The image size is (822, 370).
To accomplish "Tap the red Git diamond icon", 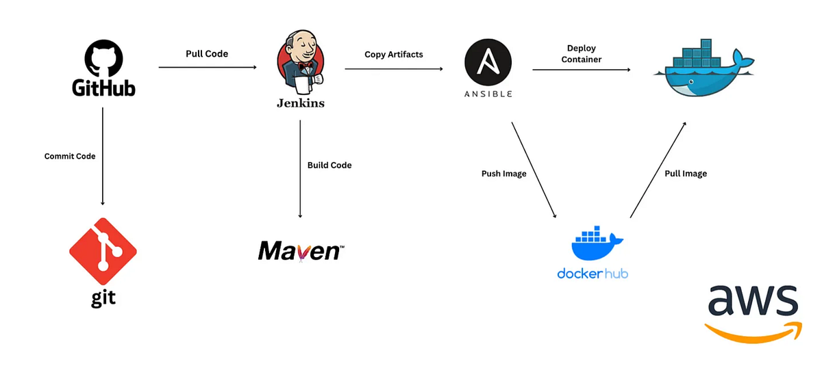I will pos(103,252).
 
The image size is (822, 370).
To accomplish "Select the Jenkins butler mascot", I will pos(300,62).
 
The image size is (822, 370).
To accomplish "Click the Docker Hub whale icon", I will pos(593,243).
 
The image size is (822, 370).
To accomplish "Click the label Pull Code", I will pos(207,53).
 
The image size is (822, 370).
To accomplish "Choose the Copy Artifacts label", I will pos(393,54).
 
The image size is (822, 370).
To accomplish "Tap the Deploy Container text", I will pos(581,53).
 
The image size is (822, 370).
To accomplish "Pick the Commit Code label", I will pos(70,156).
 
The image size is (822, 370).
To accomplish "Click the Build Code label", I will pos(329,165).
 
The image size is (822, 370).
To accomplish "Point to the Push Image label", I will pos(504,174).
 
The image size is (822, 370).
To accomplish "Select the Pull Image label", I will pos(685,174).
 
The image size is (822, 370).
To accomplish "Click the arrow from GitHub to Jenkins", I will pos(207,67).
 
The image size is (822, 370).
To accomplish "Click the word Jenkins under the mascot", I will pos(300,103).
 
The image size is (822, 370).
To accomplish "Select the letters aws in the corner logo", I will pos(752,301).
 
